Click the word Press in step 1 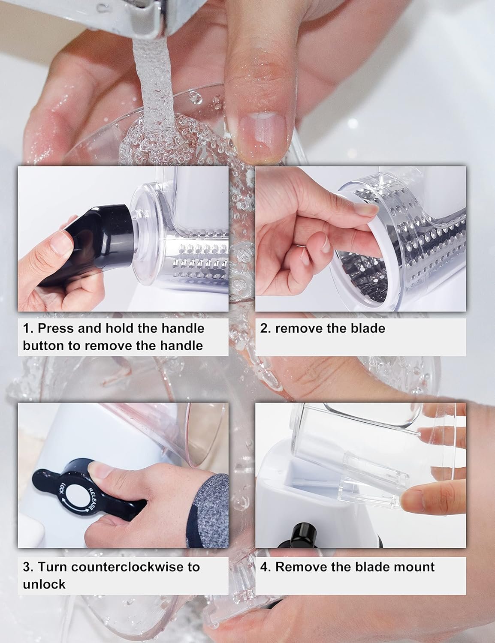pyautogui.click(x=56, y=328)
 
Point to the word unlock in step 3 pyautogui.click(x=44, y=584)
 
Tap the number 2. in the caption pyautogui.click(x=266, y=328)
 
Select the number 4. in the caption pyautogui.click(x=266, y=567)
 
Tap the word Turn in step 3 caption pyautogui.click(x=52, y=567)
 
